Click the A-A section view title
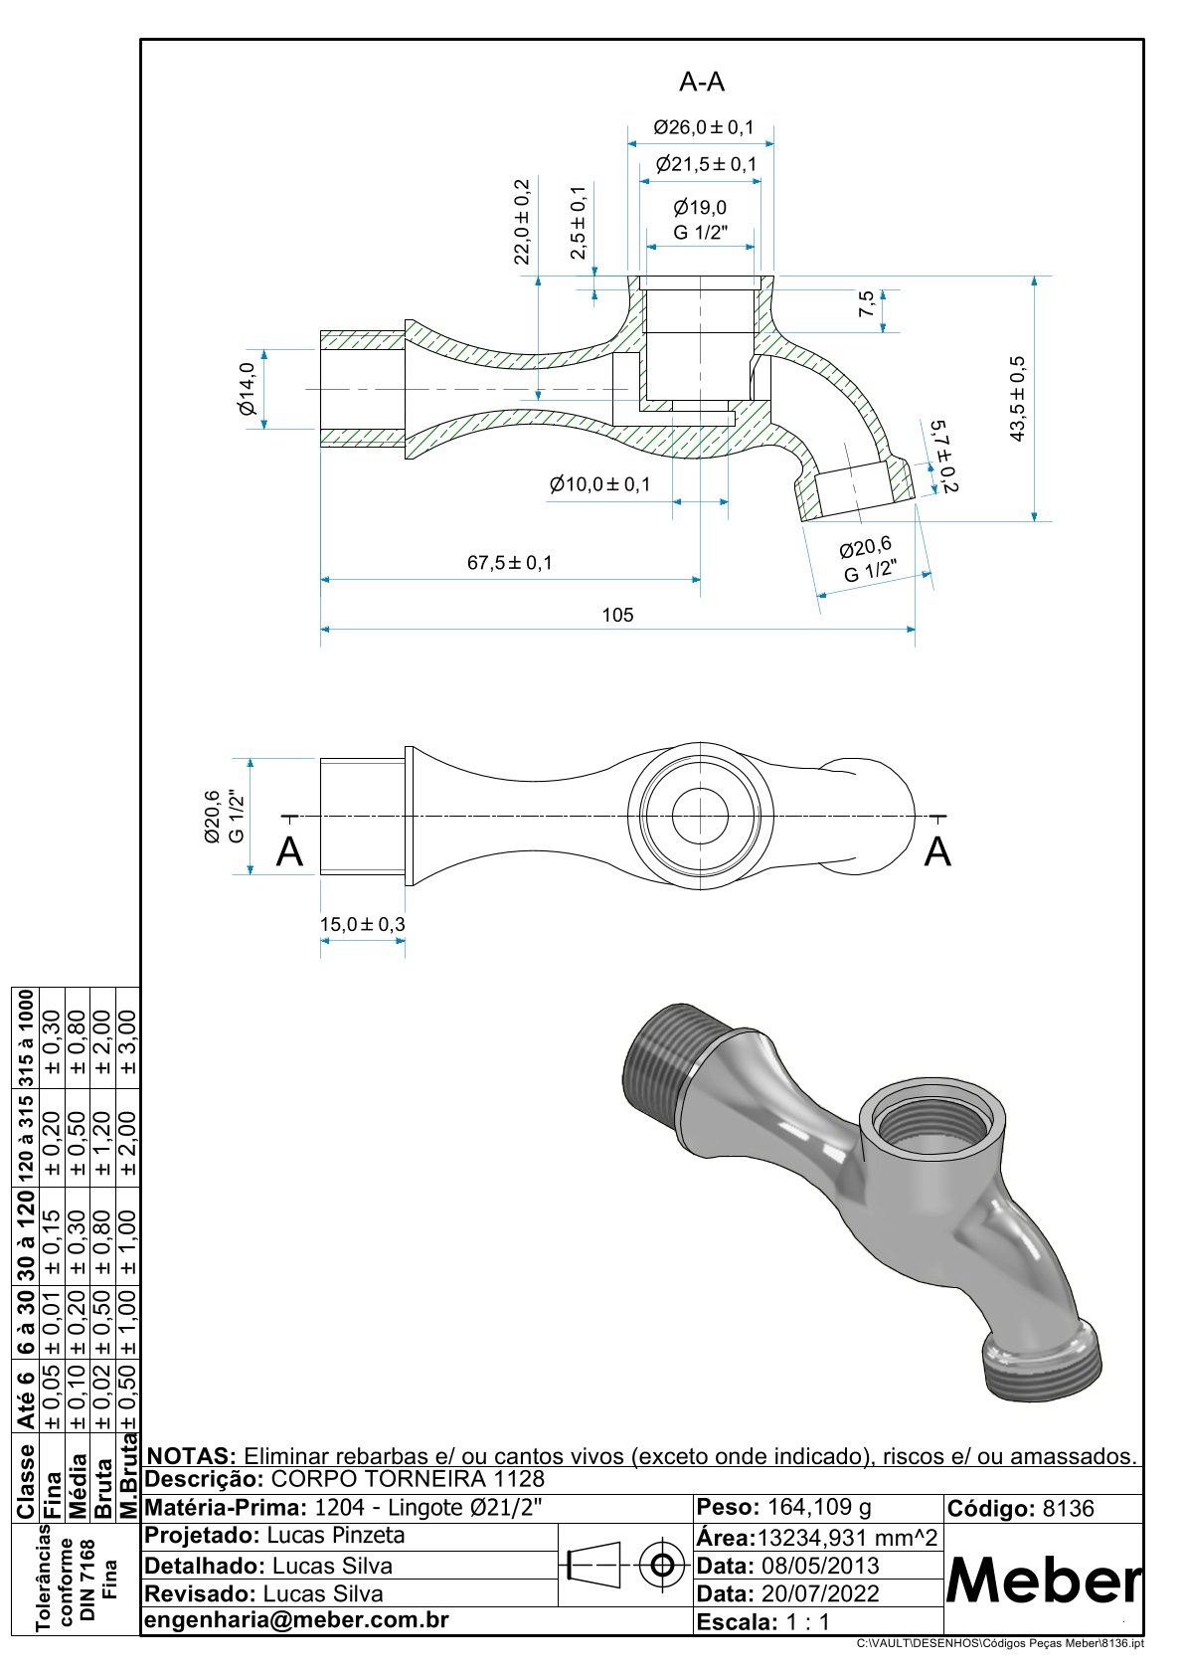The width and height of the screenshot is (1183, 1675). click(702, 83)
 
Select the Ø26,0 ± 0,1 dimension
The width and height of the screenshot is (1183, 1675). click(703, 127)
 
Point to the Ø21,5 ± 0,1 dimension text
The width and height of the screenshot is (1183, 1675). click(706, 164)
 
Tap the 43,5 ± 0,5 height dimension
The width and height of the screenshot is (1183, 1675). click(1017, 398)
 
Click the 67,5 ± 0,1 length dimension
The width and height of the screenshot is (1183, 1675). click(510, 563)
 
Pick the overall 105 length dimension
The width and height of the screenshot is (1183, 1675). click(617, 615)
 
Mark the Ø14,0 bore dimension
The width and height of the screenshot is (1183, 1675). click(247, 389)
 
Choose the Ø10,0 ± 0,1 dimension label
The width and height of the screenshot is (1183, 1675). click(599, 484)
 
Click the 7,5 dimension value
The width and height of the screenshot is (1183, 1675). click(866, 303)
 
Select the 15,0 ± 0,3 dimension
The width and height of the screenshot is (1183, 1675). click(362, 924)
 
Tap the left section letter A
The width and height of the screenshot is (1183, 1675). click(289, 852)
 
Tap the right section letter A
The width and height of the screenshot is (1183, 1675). click(937, 852)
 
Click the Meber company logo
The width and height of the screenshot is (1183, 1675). click(1043, 1580)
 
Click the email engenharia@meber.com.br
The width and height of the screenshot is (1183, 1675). click(297, 1620)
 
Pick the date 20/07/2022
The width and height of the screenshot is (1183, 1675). click(820, 1593)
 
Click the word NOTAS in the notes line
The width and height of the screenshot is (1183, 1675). click(191, 1456)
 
